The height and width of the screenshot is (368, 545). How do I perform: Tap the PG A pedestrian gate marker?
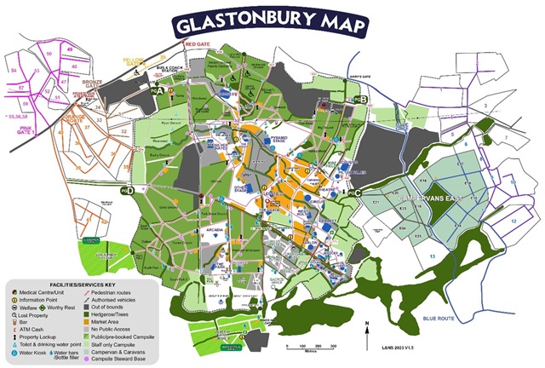157,89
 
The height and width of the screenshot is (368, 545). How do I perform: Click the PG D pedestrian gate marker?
129,191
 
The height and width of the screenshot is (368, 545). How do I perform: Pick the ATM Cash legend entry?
38,329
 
